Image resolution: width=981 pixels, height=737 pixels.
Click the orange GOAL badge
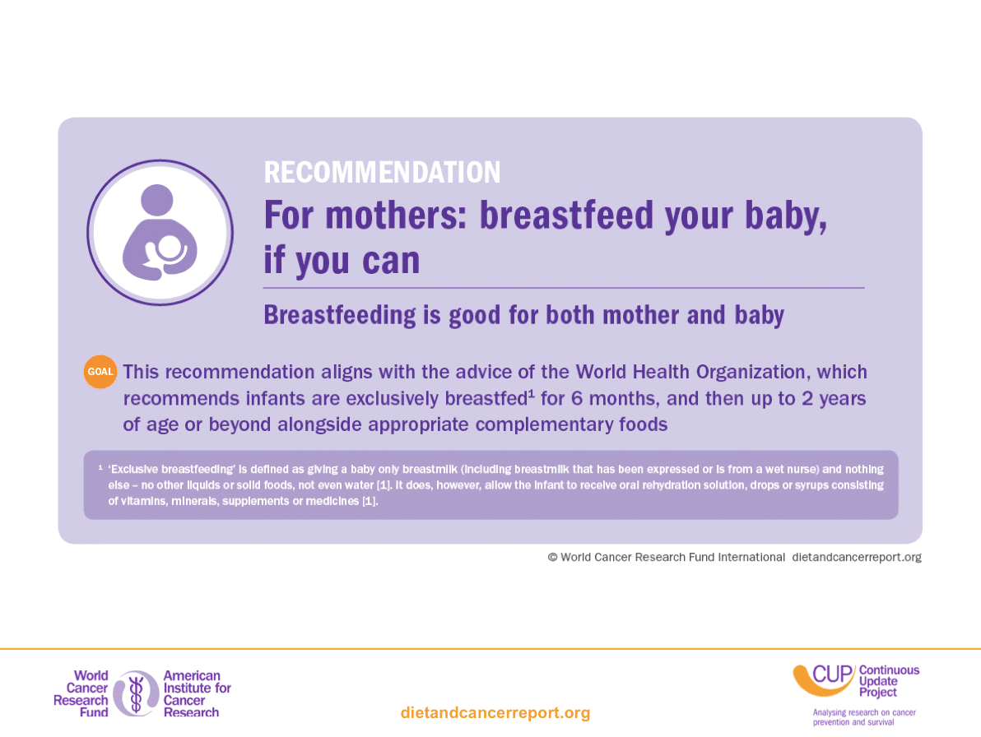(100, 371)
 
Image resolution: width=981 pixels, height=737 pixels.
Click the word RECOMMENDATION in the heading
(382, 173)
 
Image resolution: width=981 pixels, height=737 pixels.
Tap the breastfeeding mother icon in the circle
(160, 233)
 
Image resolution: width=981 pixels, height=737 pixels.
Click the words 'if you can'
(342, 261)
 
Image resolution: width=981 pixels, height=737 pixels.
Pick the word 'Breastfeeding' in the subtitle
(340, 316)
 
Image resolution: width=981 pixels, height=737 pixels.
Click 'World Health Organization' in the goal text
(690, 372)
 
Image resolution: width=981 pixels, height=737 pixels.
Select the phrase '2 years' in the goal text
(834, 399)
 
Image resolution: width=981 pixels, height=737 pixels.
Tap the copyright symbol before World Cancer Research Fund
(552, 557)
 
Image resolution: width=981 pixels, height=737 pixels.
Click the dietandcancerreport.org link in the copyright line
(857, 557)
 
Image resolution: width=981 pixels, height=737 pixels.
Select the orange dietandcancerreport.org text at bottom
(495, 712)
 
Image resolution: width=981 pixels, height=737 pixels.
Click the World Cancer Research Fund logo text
(81, 694)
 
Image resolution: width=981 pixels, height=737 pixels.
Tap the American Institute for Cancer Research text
(197, 694)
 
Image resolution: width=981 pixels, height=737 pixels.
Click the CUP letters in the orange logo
(833, 675)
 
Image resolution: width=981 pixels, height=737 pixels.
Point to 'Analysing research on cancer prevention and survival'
(864, 717)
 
